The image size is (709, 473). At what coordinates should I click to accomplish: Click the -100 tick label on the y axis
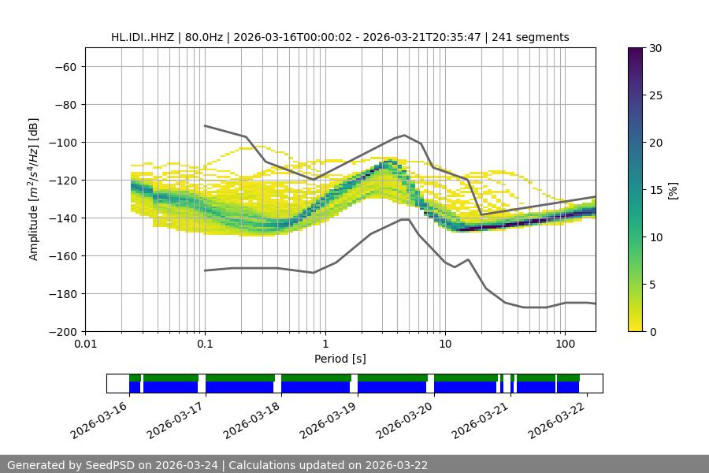pyautogui.click(x=64, y=142)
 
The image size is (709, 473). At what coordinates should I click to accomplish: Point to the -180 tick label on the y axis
pyautogui.click(x=64, y=293)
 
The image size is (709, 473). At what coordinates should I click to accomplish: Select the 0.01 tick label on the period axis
pyautogui.click(x=85, y=344)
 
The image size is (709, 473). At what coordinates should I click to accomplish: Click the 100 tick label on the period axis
pyautogui.click(x=564, y=344)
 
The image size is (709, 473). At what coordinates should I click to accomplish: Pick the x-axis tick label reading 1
pyautogui.click(x=325, y=344)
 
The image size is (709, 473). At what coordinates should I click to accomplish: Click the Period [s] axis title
pyautogui.click(x=340, y=359)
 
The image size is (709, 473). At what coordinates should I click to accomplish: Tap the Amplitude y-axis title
pyautogui.click(x=34, y=189)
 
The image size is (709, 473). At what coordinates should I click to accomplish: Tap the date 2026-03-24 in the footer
pyautogui.click(x=188, y=465)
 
